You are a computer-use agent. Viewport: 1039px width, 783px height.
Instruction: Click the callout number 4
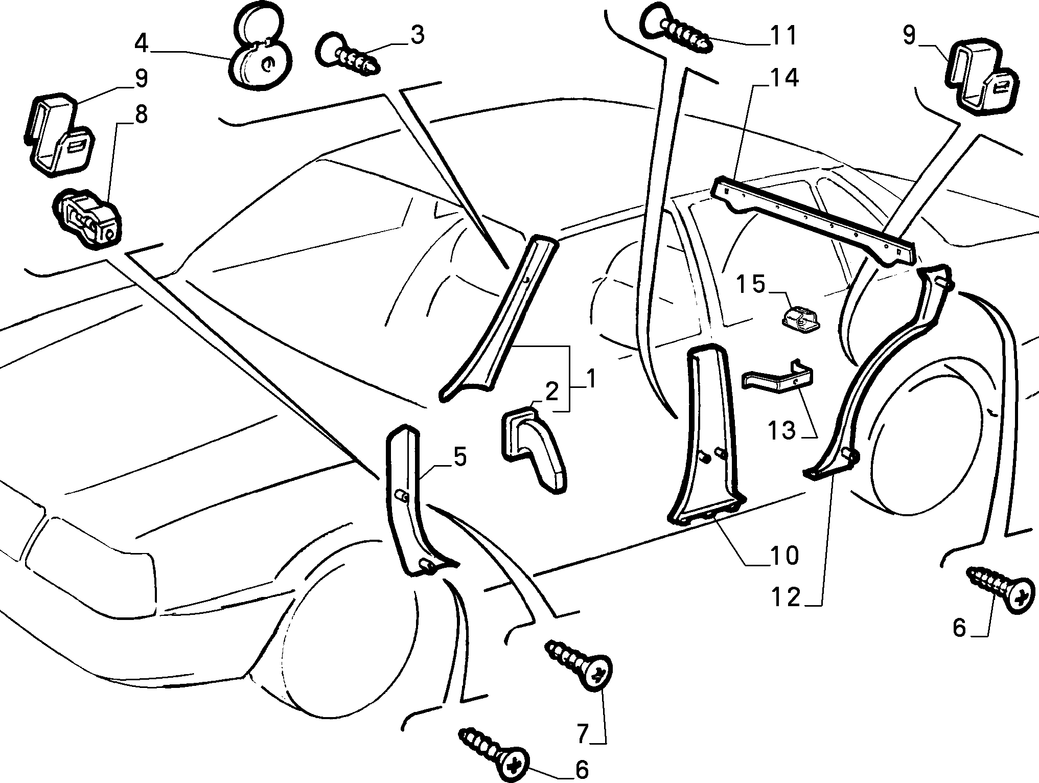point(141,44)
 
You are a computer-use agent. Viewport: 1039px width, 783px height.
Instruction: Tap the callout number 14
point(782,79)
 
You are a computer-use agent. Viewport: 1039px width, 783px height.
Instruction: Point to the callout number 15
point(750,284)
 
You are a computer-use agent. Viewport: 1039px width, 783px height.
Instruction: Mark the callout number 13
point(781,430)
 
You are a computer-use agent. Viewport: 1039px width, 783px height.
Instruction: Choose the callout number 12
point(786,597)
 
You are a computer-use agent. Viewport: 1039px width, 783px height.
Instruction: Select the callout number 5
point(460,456)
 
